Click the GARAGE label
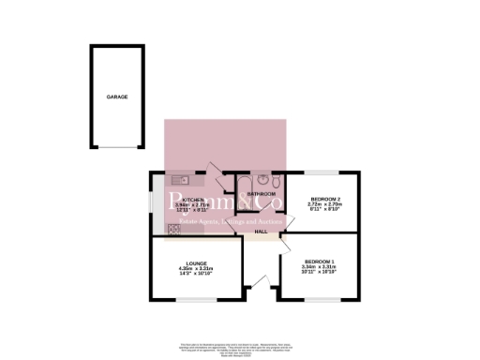117,97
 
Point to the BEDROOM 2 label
323,199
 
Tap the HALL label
262,232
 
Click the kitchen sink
179,178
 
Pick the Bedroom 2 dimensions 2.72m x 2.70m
323,206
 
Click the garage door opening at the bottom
117,148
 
